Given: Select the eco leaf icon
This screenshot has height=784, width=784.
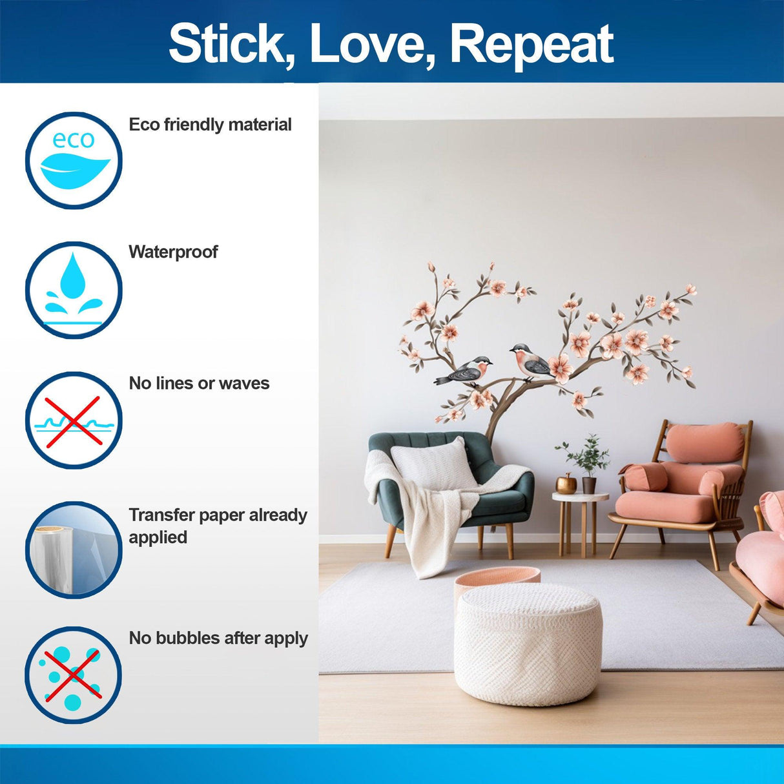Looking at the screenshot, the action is pyautogui.click(x=74, y=161).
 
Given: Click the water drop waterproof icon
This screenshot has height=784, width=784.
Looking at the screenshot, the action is pyautogui.click(x=74, y=290).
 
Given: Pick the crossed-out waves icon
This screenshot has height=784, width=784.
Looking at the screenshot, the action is pyautogui.click(x=74, y=420).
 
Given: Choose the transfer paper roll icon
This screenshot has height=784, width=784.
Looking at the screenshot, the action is pyautogui.click(x=74, y=550).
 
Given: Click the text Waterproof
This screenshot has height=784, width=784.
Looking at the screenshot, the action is pyautogui.click(x=173, y=253).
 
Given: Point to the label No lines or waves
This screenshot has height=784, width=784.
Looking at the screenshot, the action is pyautogui.click(x=199, y=383).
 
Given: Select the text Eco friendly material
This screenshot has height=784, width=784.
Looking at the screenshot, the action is pyautogui.click(x=210, y=125).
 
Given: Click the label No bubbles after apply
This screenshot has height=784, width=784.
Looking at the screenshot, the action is pyautogui.click(x=218, y=638).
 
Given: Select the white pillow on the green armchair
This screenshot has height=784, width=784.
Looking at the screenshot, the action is pyautogui.click(x=433, y=465).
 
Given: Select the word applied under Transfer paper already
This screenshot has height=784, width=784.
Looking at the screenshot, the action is pyautogui.click(x=158, y=538).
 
